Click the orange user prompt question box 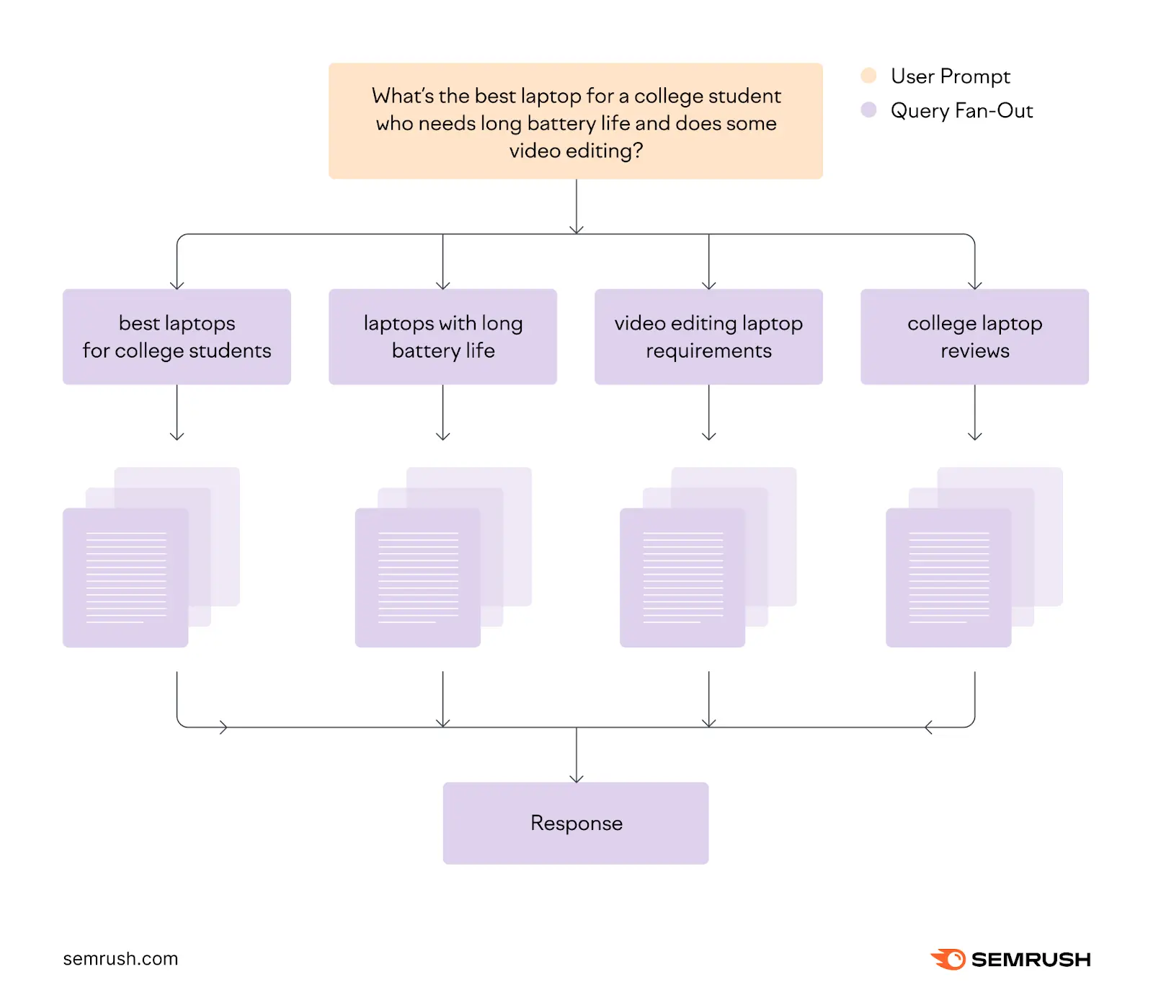pos(575,120)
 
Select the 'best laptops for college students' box pos(177,337)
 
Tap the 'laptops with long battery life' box pos(442,337)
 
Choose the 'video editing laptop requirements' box pos(708,337)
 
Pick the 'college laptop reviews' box pos(974,337)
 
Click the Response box pos(575,823)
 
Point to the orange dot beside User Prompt pos(868,76)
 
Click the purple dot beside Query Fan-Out pos(868,110)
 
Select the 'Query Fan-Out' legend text pos(961,110)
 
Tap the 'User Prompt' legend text pos(950,76)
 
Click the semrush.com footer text pos(120,959)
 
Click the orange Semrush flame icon pos(948,959)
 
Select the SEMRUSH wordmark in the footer pos(1030,960)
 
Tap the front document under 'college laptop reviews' pos(948,578)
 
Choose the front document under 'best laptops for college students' pos(125,578)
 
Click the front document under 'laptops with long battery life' pos(417,578)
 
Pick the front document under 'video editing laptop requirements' pos(682,578)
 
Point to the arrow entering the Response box pos(576,764)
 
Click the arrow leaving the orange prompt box pos(576,209)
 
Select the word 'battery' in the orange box pos(562,123)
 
